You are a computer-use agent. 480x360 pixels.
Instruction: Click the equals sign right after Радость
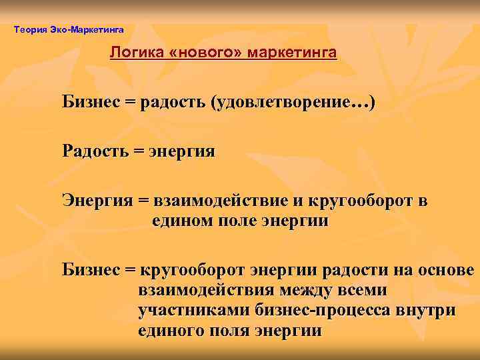(x=139, y=151)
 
